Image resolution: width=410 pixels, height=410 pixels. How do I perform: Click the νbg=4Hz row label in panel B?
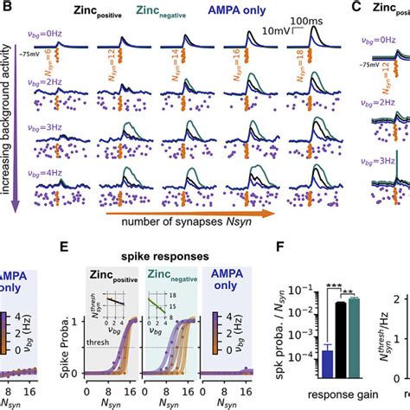pos(42,163)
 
